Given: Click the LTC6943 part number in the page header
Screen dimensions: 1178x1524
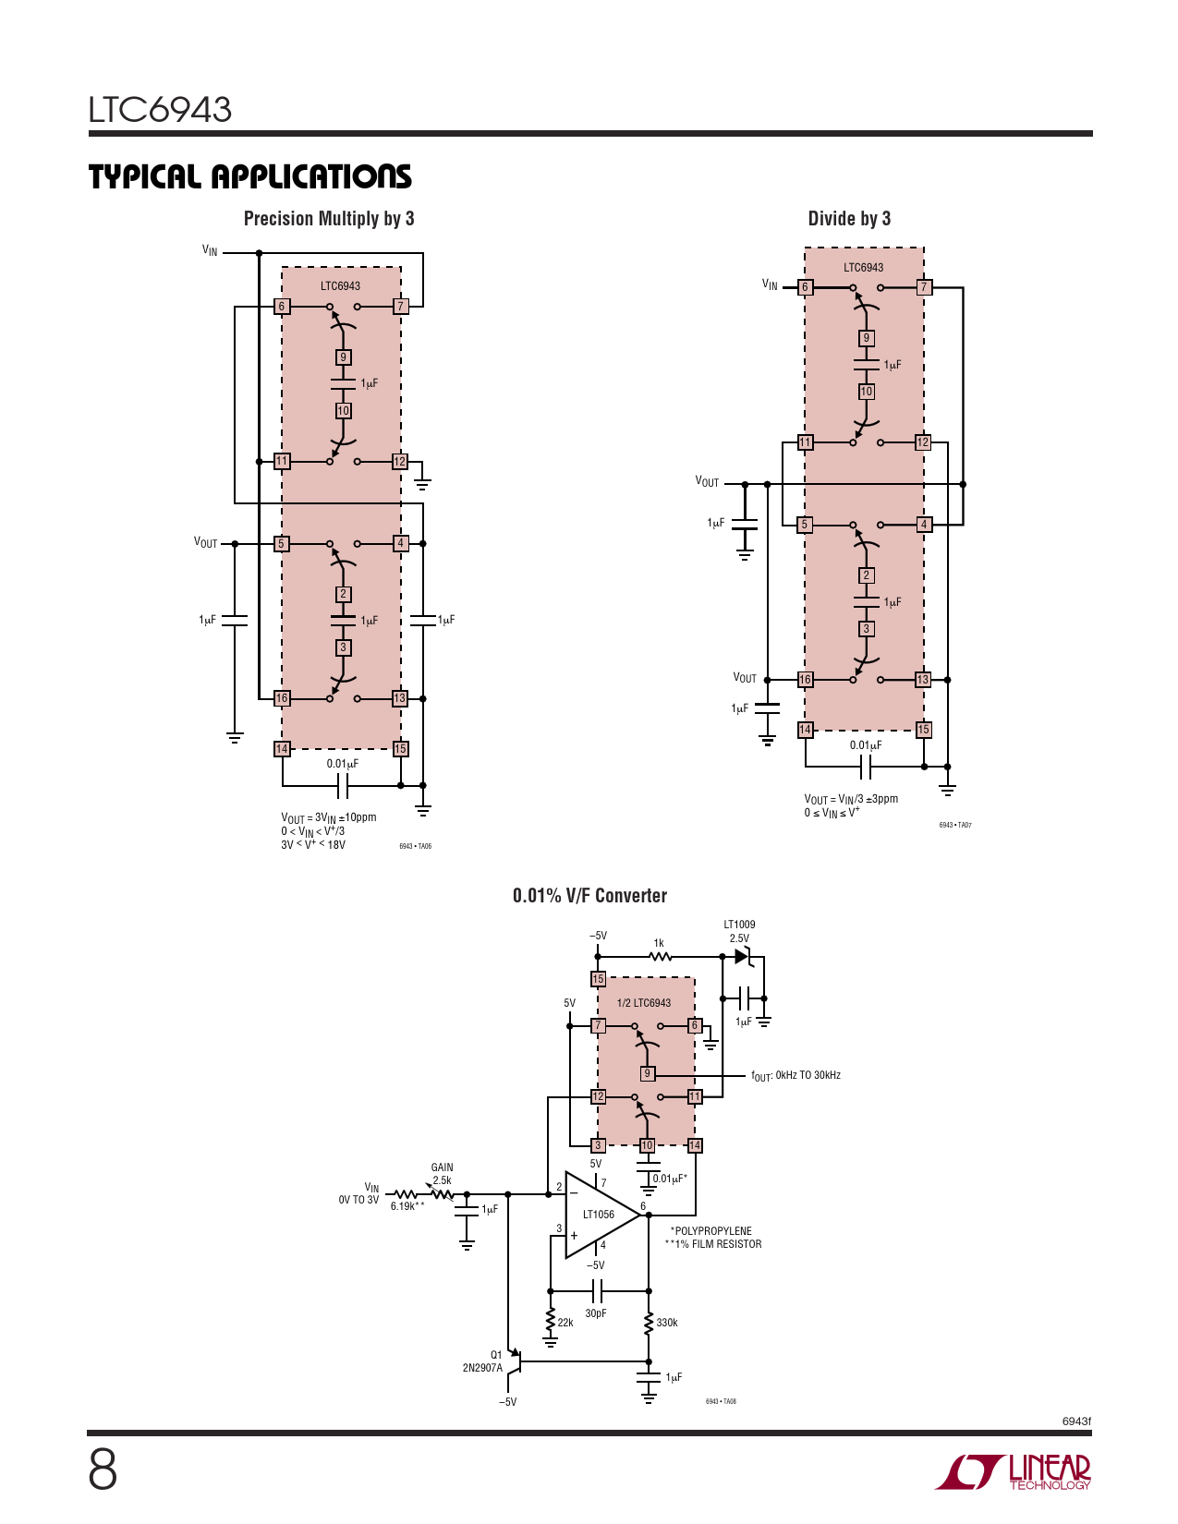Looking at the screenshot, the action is click(160, 109).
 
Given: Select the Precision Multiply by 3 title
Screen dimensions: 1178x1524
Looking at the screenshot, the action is click(329, 219).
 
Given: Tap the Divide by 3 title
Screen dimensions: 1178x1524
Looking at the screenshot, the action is click(849, 219).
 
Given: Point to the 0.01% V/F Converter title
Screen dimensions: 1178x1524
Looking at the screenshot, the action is click(589, 896).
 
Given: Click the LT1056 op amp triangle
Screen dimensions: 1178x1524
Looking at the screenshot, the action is click(601, 1215).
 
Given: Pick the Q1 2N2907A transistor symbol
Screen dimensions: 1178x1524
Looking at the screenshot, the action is click(515, 1361).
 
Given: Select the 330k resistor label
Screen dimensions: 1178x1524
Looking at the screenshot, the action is click(666, 1323).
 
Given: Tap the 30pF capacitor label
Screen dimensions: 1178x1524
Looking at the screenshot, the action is click(596, 1312).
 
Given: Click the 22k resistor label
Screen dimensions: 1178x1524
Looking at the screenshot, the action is click(565, 1323).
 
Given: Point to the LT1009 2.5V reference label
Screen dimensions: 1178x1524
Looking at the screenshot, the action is click(739, 931).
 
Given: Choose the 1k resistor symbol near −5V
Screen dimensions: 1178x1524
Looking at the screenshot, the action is click(660, 957).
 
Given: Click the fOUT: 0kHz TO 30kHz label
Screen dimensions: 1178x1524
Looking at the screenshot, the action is click(795, 1076).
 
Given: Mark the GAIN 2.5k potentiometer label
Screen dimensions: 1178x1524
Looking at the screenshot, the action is click(442, 1173).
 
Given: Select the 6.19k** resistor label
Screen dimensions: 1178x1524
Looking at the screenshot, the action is click(407, 1206).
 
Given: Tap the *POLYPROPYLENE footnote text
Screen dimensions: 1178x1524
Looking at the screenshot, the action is click(710, 1231).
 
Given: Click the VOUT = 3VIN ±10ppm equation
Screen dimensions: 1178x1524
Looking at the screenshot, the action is click(328, 817).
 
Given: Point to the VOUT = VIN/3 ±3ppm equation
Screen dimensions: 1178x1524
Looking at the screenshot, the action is click(851, 799).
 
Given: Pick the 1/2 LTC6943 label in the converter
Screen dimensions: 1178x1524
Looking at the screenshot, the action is click(643, 1003).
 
